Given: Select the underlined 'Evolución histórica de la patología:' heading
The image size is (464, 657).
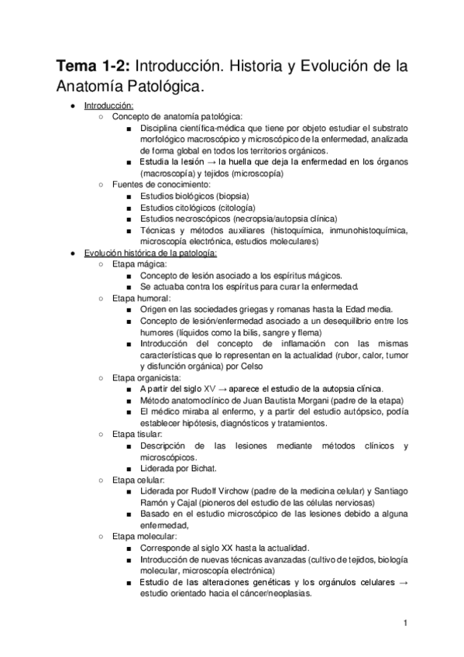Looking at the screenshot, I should pos(151,253).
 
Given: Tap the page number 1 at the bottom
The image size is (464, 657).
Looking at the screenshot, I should pos(405,623).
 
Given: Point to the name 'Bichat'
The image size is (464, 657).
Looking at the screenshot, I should pos(202,468).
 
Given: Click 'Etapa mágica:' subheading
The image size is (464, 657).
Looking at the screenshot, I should pos(139,264).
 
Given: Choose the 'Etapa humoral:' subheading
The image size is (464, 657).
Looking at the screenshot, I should pos(142,298).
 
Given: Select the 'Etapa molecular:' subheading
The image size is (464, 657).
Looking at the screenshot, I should pos(144,536).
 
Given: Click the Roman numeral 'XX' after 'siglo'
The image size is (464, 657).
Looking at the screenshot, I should pos(236,547).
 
